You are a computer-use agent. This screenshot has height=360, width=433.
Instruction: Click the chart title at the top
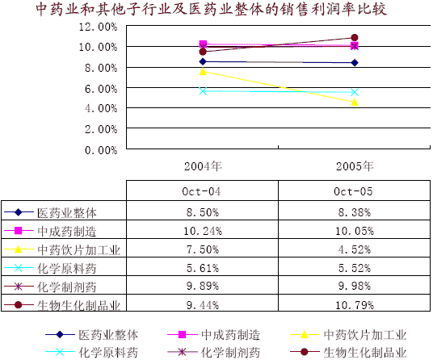coord(212,9)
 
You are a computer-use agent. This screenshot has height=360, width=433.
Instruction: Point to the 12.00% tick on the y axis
coord(98,27)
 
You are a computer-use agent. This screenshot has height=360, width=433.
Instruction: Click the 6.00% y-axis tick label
coord(101,89)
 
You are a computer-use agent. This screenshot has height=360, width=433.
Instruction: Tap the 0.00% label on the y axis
coord(101,150)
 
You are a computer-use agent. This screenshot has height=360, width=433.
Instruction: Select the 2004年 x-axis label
coord(203,166)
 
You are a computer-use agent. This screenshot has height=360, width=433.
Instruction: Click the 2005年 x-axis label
coord(355,166)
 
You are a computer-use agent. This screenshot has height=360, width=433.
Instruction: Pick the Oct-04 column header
coord(201,191)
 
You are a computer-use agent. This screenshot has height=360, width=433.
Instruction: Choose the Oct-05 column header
coord(353,191)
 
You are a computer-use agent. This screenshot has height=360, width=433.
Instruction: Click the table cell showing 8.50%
coord(203,212)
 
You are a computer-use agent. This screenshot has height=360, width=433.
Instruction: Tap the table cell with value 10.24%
coord(203,231)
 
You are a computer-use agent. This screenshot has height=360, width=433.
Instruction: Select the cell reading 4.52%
coord(355,249)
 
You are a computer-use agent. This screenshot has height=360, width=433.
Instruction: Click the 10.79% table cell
coord(355,305)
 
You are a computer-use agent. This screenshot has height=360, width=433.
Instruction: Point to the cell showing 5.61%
coord(203,268)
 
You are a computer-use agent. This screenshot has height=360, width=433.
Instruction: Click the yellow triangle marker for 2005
coord(355,103)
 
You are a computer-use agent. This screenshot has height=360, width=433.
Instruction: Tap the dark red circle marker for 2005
coord(355,37)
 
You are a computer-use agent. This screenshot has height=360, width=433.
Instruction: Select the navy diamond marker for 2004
coord(203,61)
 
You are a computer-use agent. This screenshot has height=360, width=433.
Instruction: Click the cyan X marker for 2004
coord(203,91)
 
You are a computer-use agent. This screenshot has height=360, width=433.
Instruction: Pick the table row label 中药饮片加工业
coord(78,250)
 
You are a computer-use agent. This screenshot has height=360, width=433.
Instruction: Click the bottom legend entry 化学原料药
coord(91,352)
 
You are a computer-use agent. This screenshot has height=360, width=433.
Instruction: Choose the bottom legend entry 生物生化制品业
coord(348,352)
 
